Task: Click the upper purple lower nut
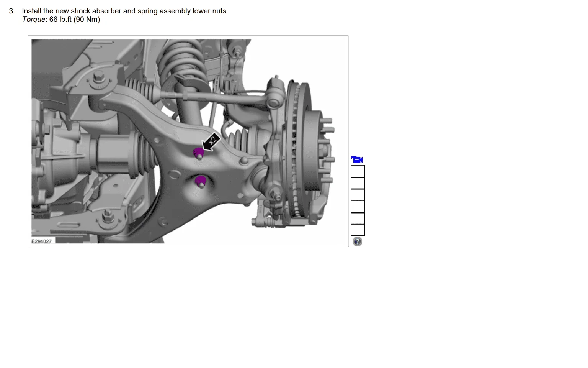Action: point(198,153)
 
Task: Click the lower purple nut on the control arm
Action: point(201,181)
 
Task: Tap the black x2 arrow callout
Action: point(211,142)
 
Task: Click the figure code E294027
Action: point(41,242)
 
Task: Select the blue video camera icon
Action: point(357,159)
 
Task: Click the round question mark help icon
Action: point(357,242)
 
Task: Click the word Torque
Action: point(34,20)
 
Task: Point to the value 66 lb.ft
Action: point(60,20)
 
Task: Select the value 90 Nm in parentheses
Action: point(87,20)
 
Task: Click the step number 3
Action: point(12,11)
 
